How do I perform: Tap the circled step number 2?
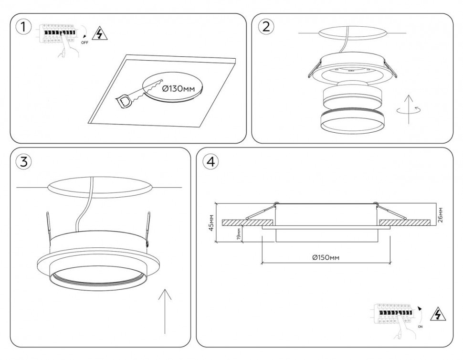pos(266,27)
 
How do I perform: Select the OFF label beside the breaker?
pos(84,42)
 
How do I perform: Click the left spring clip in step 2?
pos(314,70)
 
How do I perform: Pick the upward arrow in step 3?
pos(165,310)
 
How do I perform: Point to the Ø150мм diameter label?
pos(326,257)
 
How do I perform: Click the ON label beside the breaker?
pos(420,327)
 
